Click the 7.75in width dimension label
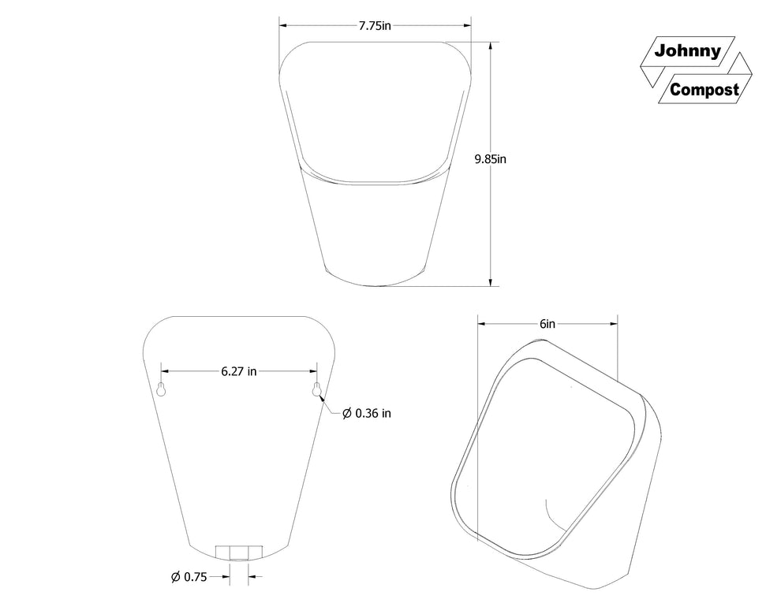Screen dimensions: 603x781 click(375, 25)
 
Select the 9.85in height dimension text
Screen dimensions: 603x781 click(490, 159)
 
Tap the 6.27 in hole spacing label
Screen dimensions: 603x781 click(239, 370)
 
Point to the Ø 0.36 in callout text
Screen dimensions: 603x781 click(367, 413)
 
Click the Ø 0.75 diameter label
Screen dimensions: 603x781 click(189, 577)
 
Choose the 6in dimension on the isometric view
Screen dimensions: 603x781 click(547, 324)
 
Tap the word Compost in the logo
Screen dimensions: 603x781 click(704, 90)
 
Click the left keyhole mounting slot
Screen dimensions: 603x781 click(161, 390)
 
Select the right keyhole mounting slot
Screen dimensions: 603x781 click(317, 389)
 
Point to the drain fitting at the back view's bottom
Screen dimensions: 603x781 click(237, 552)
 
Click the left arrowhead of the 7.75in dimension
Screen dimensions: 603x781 click(282, 25)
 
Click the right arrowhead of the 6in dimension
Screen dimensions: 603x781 click(613, 324)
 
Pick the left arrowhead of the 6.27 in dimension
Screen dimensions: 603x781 click(165, 370)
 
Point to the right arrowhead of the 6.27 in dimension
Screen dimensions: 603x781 click(313, 370)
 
